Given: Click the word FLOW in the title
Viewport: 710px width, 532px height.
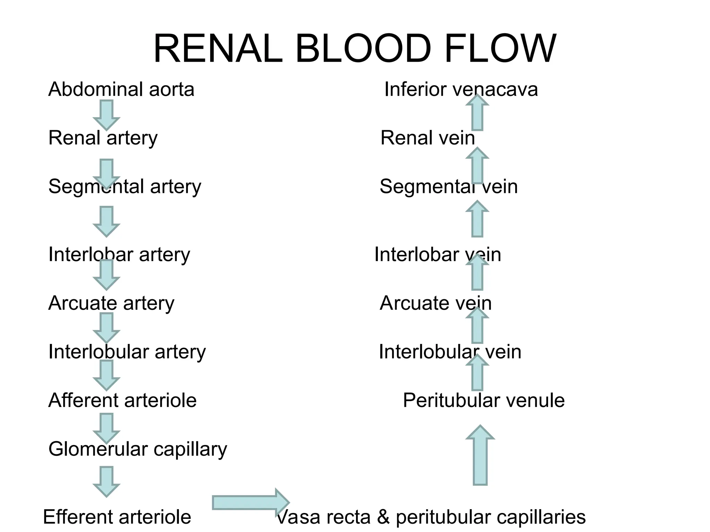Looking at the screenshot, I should click(x=500, y=49).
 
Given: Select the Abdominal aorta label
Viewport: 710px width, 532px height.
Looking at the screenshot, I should click(x=121, y=89).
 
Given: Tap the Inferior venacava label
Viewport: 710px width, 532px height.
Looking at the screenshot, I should click(x=461, y=89).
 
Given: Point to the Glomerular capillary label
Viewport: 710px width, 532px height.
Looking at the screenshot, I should click(x=138, y=449).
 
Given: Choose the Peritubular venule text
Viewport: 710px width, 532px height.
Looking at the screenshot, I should click(x=484, y=400).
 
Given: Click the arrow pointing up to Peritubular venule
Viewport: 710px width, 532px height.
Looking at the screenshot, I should click(x=480, y=455).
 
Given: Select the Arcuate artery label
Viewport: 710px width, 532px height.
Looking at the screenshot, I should click(x=111, y=303).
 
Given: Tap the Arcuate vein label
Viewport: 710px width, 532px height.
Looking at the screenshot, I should click(x=435, y=303).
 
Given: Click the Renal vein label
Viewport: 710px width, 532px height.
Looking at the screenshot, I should click(x=427, y=138).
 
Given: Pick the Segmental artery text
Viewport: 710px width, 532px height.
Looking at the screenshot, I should click(x=124, y=187).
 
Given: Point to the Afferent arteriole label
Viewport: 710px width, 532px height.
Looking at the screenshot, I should click(x=122, y=400).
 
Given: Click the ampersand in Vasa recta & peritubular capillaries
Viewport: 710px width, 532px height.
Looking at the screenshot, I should click(x=383, y=517).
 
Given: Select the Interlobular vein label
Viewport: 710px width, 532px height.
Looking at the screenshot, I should click(x=450, y=352).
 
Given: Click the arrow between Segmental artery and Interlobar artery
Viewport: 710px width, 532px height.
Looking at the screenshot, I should click(x=106, y=221).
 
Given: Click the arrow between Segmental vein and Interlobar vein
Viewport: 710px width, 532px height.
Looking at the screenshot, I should click(x=477, y=219).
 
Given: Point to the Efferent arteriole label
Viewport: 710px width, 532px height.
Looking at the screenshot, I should click(x=117, y=517).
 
